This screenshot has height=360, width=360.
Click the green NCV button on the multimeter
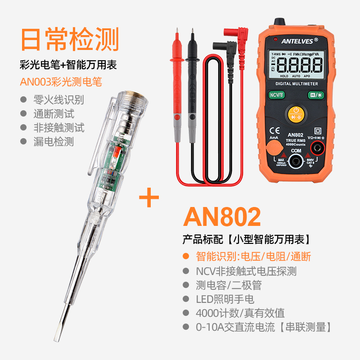click(276, 95)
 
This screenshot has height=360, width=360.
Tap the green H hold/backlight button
click(314, 95)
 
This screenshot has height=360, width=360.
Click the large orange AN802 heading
click(222, 217)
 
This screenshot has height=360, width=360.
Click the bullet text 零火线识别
click(58, 99)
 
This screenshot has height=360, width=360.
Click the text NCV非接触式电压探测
click(246, 271)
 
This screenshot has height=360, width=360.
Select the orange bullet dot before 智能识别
click(185, 257)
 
